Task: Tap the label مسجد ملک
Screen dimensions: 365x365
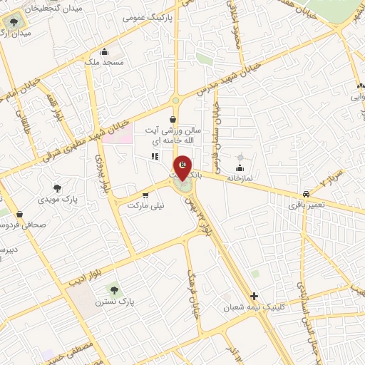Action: coord(103,63)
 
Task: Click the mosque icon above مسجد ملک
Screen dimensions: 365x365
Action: coord(105,51)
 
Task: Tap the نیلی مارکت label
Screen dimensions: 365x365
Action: coord(145,205)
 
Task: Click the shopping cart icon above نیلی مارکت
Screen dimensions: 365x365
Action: coord(145,194)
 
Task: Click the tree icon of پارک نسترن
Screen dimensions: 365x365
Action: coord(113,289)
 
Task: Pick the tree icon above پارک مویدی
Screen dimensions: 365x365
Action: coord(57,189)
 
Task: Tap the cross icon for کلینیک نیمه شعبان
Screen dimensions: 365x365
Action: coord(254,296)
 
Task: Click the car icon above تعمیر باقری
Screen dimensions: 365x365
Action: coord(306,193)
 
